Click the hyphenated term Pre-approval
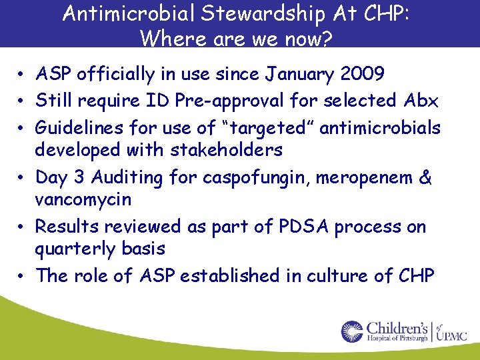click(243, 101)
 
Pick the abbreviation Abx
click(421, 101)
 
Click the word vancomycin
click(83, 199)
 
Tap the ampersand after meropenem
click(426, 177)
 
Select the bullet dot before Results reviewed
click(22, 227)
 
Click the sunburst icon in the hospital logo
click(353, 331)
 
